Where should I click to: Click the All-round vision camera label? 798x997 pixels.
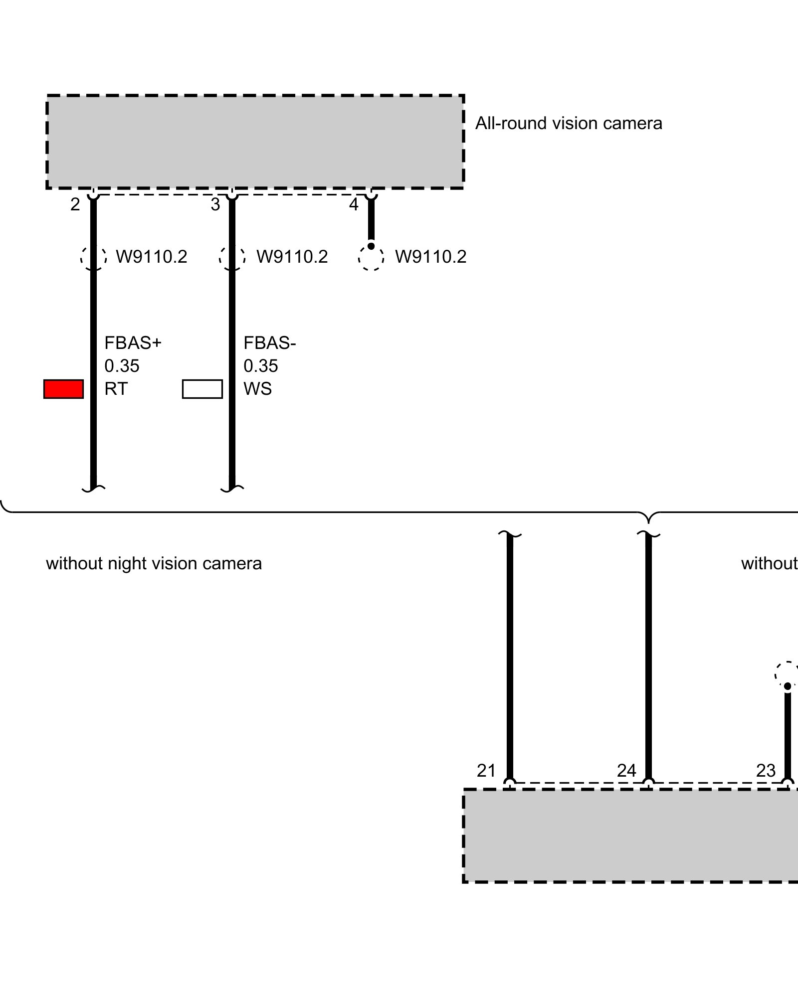pos(569,123)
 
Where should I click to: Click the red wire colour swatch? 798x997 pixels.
pos(63,389)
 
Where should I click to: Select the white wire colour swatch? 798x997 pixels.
pos(202,389)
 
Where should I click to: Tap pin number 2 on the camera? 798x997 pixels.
pos(75,204)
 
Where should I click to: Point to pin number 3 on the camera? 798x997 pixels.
pos(215,204)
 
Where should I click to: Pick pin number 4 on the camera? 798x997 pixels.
pos(354,204)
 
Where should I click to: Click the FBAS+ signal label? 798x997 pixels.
pos(133,343)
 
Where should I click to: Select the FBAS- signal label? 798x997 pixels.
pos(269,343)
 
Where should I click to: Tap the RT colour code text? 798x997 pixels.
pos(116,389)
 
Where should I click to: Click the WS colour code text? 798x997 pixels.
pos(257,389)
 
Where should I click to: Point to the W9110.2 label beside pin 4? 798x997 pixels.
pos(430,257)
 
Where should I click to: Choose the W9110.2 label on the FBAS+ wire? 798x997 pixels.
pos(152,257)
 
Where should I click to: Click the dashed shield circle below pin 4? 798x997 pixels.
pos(371,258)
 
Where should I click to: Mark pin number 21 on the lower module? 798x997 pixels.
pos(486,771)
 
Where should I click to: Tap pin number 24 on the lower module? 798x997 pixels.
pos(626,771)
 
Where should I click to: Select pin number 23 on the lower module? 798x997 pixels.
pos(766,771)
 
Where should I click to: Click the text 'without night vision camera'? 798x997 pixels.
pos(154,564)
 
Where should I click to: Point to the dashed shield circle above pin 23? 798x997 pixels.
pos(788,674)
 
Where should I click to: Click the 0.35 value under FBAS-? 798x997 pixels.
pos(260,366)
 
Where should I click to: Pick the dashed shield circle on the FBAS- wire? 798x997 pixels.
pos(232,258)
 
